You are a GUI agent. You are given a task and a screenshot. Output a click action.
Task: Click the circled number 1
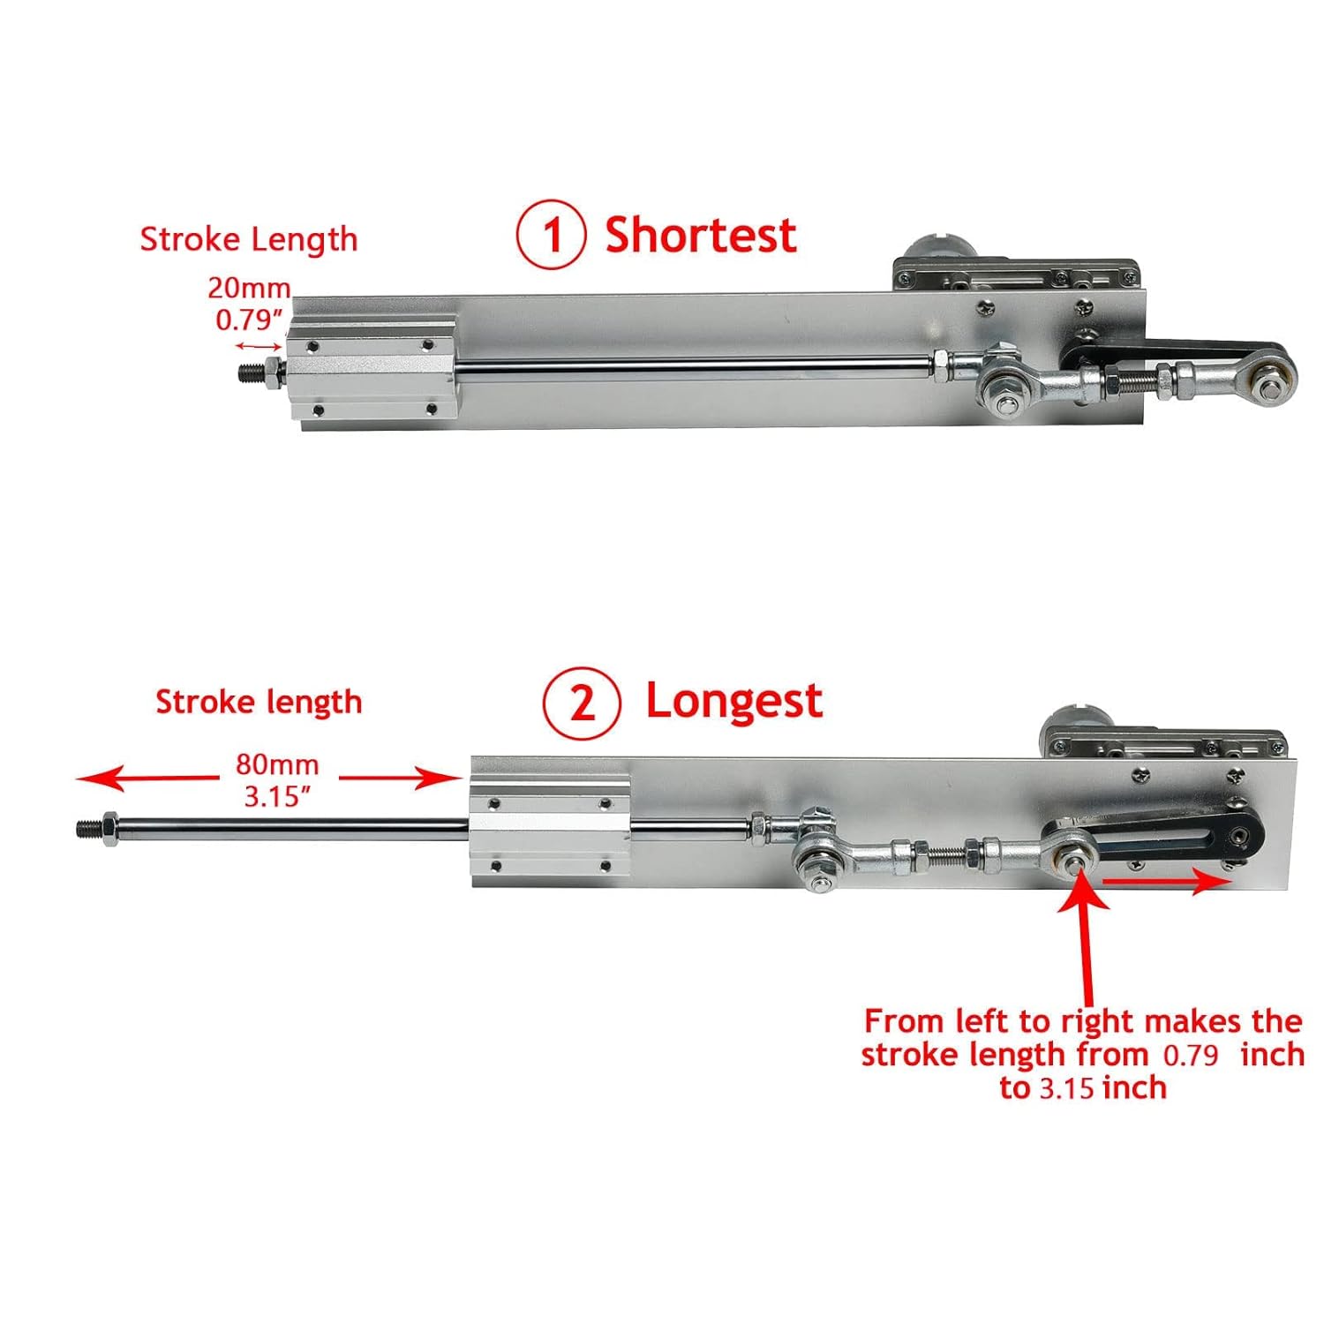(x=551, y=235)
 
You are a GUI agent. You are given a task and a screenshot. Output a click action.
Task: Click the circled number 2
(x=582, y=703)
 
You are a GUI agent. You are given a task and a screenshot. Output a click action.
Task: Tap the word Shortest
(x=700, y=236)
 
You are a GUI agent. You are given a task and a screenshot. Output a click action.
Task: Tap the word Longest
(x=733, y=702)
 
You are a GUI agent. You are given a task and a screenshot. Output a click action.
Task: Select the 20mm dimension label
(x=249, y=288)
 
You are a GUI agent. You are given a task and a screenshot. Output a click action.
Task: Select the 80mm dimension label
(x=277, y=764)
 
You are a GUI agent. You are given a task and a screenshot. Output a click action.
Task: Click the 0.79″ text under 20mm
(x=250, y=320)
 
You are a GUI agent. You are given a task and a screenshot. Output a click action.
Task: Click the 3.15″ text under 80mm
(x=277, y=796)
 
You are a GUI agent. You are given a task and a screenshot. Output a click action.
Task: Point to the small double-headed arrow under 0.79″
(x=258, y=347)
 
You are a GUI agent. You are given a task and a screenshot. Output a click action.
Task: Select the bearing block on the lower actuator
(x=549, y=830)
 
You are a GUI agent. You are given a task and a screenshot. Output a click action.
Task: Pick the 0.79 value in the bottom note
(x=1191, y=1055)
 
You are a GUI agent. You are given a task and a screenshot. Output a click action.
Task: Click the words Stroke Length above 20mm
(x=249, y=239)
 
